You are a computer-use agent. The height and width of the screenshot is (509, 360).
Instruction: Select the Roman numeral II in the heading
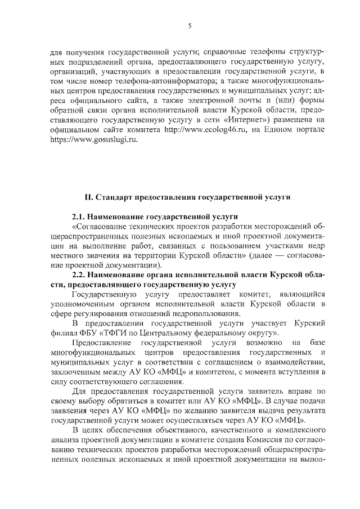[x=88, y=197]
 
